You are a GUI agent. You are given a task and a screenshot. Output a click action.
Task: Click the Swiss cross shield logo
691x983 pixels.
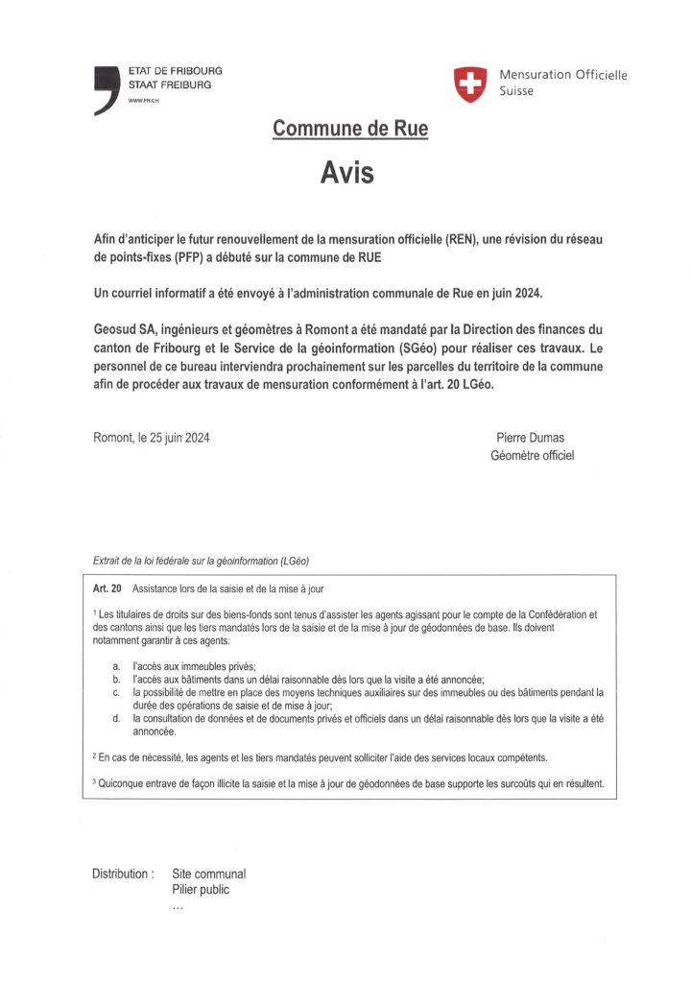[470, 84]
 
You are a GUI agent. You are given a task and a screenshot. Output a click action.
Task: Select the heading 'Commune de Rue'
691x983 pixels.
[350, 129]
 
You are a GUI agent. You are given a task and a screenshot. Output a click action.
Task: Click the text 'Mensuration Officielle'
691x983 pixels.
[562, 75]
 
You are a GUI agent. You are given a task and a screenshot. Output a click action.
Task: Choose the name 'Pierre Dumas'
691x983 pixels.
[532, 438]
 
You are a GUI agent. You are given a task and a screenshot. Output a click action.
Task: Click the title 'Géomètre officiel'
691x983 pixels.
[532, 455]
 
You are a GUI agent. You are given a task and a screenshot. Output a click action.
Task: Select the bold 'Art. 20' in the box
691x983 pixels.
[107, 587]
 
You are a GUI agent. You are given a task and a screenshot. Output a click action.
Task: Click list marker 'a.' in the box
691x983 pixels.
[115, 665]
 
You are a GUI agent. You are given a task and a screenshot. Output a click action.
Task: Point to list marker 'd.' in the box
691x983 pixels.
[115, 718]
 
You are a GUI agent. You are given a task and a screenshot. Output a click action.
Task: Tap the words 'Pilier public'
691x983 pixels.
[201, 890]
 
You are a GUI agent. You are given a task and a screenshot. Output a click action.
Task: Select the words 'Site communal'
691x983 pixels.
[208, 874]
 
